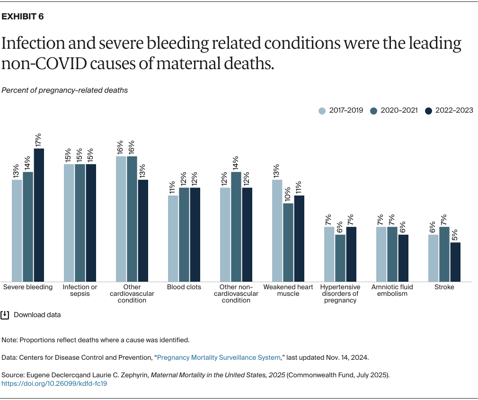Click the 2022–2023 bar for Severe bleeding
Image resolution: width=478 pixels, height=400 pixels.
(39, 215)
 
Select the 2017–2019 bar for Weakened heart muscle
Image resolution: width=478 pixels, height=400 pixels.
(277, 231)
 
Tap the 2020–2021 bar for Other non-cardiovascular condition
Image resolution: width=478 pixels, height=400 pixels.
(236, 227)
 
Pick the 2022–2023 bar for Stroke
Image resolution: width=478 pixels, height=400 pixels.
(455, 262)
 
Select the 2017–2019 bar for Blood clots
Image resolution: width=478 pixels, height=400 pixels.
(173, 239)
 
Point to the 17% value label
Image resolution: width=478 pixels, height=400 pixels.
(39, 139)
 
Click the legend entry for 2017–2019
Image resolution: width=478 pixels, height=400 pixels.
(341, 110)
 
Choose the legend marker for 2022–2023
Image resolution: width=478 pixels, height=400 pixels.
(429, 110)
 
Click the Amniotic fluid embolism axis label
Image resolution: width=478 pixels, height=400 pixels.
(392, 290)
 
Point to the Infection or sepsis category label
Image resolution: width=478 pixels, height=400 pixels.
(80, 290)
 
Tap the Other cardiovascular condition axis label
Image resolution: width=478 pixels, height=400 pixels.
(132, 293)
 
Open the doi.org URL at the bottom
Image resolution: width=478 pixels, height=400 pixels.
(54, 383)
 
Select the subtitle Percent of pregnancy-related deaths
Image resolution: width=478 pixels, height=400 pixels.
(65, 90)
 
